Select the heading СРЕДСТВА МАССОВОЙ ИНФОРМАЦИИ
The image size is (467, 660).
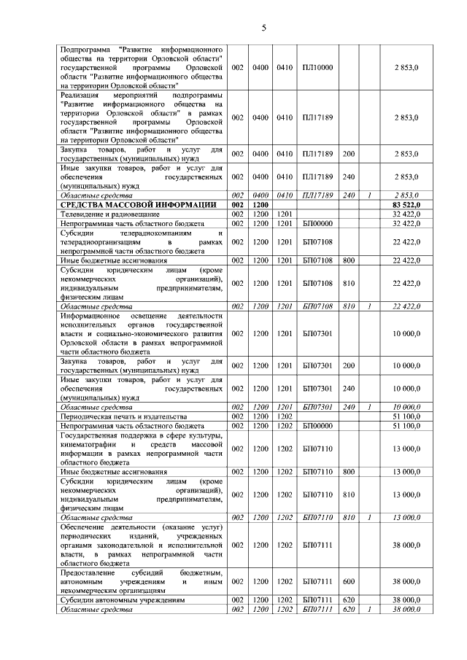tap(139, 206)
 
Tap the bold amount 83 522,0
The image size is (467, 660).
tap(404, 206)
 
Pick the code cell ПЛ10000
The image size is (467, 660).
tap(317, 67)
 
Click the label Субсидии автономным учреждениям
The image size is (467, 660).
tap(120, 599)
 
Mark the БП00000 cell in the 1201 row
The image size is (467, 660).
tap(317, 223)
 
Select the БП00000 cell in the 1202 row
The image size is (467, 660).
tap(317, 424)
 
